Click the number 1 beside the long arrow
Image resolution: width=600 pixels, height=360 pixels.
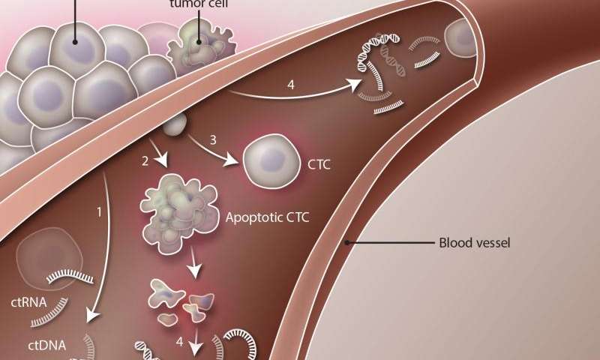click(x=98, y=212)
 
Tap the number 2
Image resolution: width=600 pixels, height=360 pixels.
click(x=144, y=160)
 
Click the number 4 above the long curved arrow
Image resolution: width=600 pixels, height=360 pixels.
click(x=289, y=85)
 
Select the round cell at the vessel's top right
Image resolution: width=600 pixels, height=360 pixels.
click(x=463, y=39)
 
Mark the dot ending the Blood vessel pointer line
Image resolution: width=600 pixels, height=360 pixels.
click(x=346, y=243)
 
